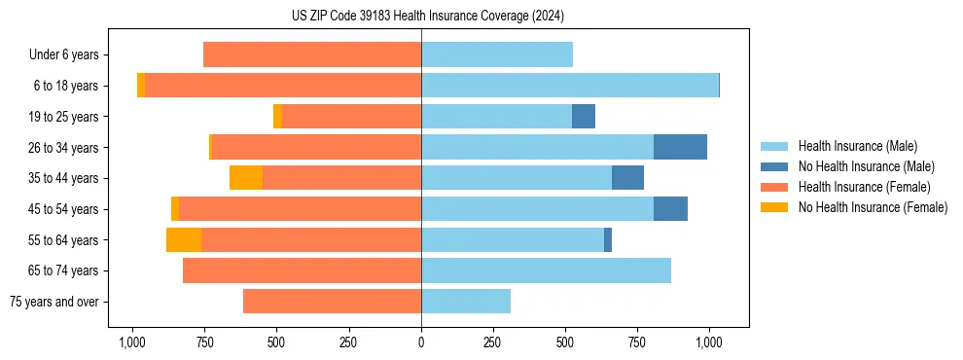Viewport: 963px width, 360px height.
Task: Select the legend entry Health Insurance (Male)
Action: pos(857,146)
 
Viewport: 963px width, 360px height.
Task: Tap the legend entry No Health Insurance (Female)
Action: pos(873,207)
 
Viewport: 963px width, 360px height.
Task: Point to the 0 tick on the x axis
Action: pos(421,342)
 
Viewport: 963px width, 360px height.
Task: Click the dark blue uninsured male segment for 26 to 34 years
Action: pos(680,147)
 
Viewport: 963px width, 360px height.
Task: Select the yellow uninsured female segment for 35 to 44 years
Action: pos(246,178)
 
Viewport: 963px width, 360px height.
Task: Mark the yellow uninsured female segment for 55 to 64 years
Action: pos(184,239)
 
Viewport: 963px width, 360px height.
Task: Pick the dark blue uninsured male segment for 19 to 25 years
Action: pos(584,117)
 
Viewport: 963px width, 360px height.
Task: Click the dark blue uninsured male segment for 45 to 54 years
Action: pos(670,209)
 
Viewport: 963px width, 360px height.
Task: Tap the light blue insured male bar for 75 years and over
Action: pos(466,302)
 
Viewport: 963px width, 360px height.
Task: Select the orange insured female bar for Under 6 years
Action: pos(312,55)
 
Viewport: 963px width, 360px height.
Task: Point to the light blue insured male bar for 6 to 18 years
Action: pos(570,86)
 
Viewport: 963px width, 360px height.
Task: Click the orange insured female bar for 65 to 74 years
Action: pos(302,270)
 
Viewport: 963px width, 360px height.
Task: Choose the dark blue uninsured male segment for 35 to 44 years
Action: pos(627,178)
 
